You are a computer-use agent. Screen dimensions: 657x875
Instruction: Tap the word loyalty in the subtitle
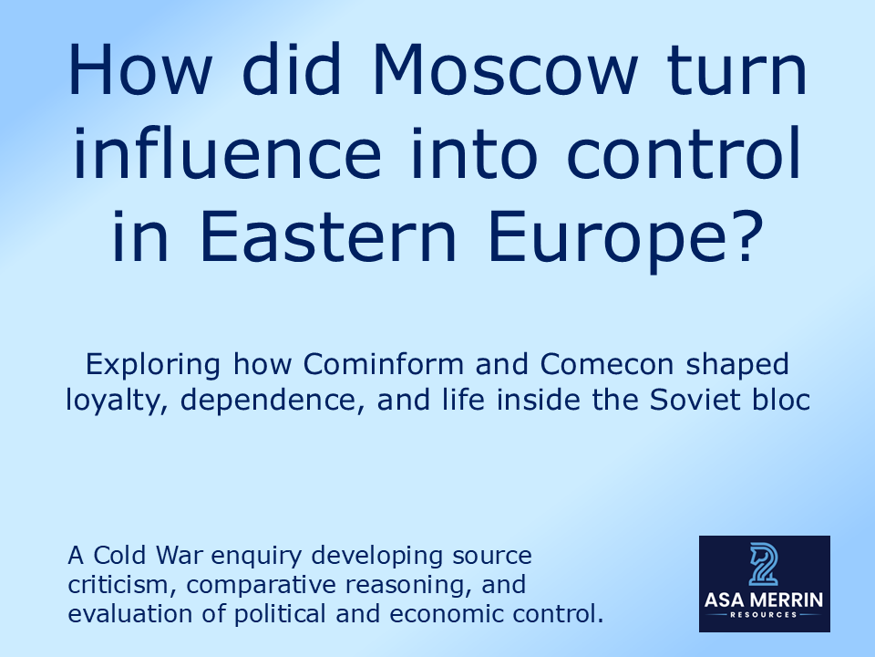coord(109,400)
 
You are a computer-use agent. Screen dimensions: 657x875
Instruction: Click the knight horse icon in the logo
coord(764,563)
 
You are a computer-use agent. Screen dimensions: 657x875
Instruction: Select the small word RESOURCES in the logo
coord(764,615)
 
